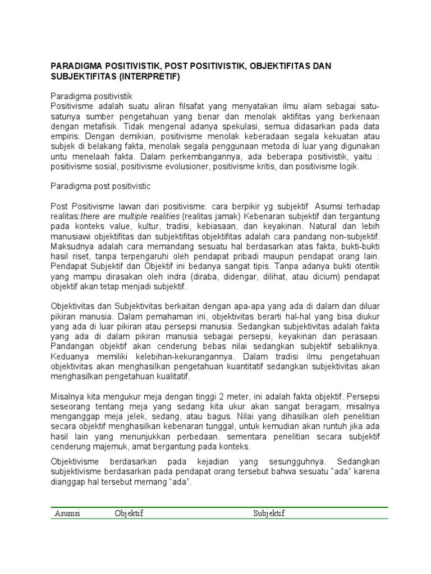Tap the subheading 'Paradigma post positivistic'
coord(101,185)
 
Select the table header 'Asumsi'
coord(67,513)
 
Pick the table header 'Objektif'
coord(129,513)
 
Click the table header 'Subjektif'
coord(269,513)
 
